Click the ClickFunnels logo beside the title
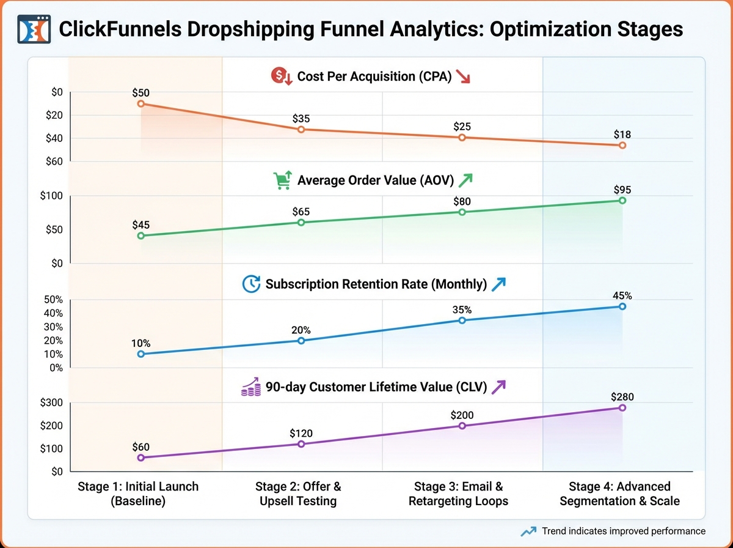coord(34,29)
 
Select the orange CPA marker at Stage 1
coord(141,104)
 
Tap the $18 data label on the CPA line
coord(622,134)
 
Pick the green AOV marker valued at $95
coord(622,201)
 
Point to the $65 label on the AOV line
coord(301,212)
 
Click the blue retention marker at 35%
coord(462,320)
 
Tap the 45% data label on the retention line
coord(622,295)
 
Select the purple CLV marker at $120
coord(301,444)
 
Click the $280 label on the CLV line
coord(622,396)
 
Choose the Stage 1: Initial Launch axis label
coord(138,494)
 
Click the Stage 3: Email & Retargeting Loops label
coord(459,494)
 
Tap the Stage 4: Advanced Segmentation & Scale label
coord(619,494)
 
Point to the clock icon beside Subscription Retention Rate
coord(251,284)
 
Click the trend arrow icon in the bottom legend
coord(529,531)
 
